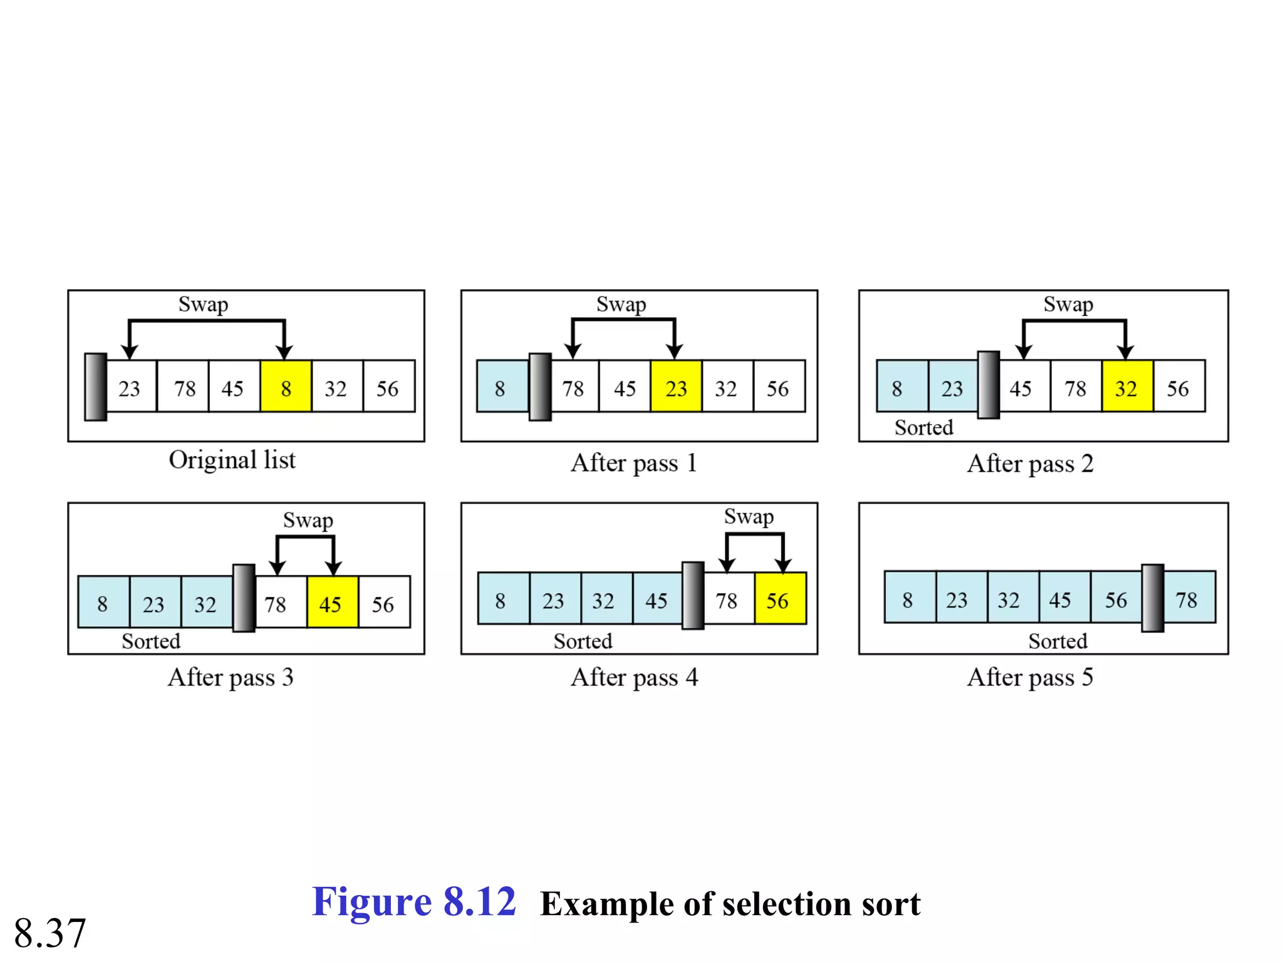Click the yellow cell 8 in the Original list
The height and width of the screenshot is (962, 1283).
[286, 386]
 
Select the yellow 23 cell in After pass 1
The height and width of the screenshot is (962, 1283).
[676, 386]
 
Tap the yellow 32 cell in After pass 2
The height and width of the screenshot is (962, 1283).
[1126, 386]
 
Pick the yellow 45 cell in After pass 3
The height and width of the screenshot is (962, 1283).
[332, 603]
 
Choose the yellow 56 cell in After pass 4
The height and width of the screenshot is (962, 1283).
[780, 599]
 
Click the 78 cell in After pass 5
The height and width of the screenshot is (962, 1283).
[1188, 598]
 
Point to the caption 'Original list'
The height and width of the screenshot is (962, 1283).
[232, 460]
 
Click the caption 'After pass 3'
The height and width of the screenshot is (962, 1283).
[231, 678]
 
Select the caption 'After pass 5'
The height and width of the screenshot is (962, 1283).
[1030, 678]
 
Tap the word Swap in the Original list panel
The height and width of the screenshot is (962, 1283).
[203, 305]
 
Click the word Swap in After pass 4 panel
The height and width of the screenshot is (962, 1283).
[749, 517]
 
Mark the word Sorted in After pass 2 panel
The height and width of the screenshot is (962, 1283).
[923, 428]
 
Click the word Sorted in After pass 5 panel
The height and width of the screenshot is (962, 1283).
[1057, 641]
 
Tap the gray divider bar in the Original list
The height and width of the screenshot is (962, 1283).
[96, 387]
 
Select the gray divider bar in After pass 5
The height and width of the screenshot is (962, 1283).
[1152, 598]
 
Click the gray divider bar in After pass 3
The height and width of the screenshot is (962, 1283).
[244, 599]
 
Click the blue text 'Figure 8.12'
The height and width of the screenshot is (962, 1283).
[413, 903]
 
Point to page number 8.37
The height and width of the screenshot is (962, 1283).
[50, 933]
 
